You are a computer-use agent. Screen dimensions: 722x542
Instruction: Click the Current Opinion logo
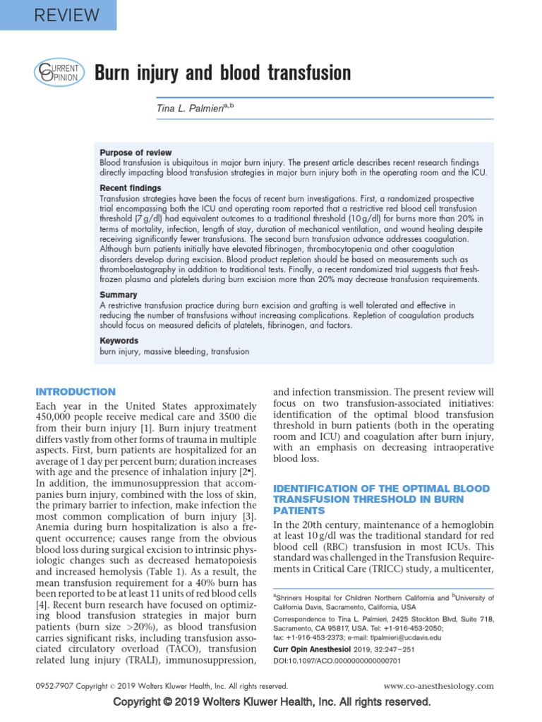59,73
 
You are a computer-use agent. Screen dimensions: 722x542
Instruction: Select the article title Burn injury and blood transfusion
222,73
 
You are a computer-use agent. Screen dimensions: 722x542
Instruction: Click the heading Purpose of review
135,152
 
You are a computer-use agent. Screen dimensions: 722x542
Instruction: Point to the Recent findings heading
131,188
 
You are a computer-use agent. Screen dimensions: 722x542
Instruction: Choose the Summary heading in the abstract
119,295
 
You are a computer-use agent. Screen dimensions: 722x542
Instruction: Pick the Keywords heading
119,341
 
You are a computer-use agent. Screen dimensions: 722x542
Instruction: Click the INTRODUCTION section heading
76,392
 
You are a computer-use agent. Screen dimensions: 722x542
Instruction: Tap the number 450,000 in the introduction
57,419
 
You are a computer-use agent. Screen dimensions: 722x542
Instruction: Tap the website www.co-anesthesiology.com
438,686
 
